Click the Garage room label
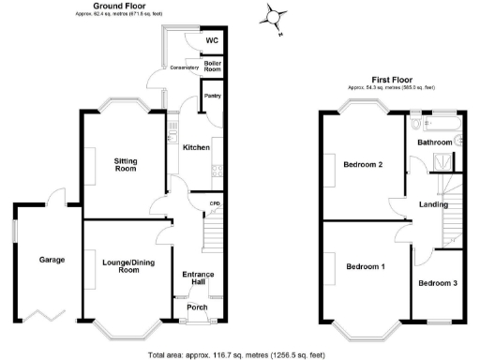(x=38, y=259)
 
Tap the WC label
(x=212, y=40)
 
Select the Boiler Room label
(x=213, y=67)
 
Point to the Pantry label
(x=210, y=97)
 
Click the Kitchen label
(x=195, y=148)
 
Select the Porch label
(x=197, y=307)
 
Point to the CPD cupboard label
(x=214, y=203)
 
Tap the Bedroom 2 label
(x=362, y=164)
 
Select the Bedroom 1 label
(x=364, y=267)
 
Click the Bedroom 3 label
(x=438, y=283)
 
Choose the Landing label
(x=433, y=204)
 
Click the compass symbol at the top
(x=274, y=16)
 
